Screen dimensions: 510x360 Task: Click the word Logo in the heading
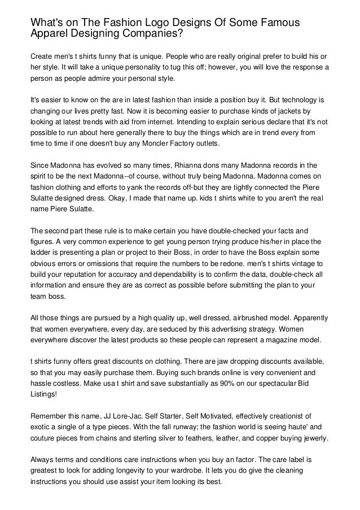(x=143, y=22)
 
